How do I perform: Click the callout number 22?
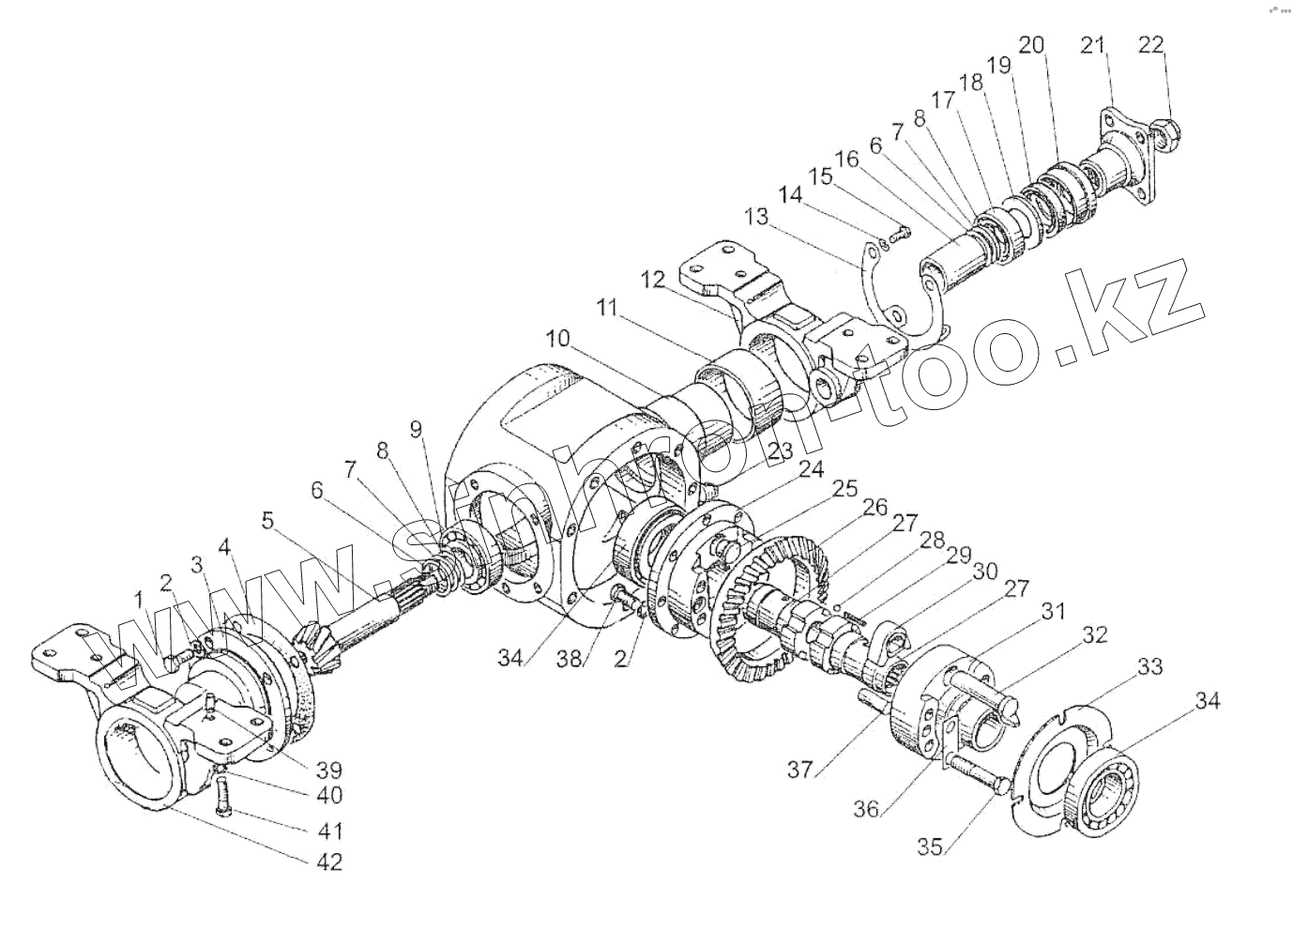point(1151,44)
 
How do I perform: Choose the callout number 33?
point(1151,667)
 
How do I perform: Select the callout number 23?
point(778,451)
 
